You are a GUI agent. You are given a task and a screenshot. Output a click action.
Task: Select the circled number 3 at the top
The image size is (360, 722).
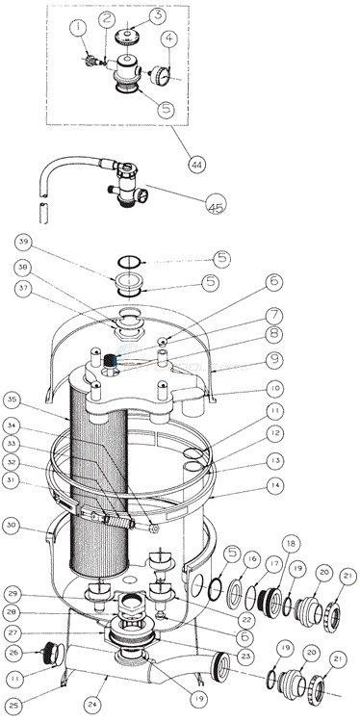157,15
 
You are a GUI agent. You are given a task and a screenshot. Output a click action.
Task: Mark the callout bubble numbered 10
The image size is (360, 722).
273,389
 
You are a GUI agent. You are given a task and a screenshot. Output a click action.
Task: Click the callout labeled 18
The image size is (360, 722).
264,543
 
